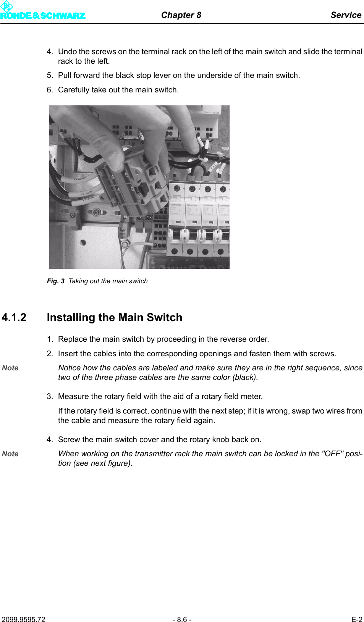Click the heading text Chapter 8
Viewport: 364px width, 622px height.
click(x=181, y=15)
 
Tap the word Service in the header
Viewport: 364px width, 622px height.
click(x=346, y=15)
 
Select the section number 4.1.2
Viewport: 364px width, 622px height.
click(x=14, y=317)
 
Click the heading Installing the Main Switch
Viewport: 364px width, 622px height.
click(x=114, y=317)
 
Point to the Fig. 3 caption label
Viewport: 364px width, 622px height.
click(x=55, y=281)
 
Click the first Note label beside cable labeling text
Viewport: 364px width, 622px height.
click(x=10, y=368)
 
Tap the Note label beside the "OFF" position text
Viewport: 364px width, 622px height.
click(x=10, y=454)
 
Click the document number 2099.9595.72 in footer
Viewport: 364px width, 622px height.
click(x=23, y=619)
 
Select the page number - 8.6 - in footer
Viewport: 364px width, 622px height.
click(x=182, y=619)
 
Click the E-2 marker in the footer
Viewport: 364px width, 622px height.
click(x=356, y=619)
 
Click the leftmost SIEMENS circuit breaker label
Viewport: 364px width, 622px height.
click(x=176, y=205)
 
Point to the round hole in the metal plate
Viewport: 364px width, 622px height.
click(x=83, y=242)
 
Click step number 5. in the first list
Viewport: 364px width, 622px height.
click(x=50, y=75)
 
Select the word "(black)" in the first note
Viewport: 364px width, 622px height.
click(x=245, y=377)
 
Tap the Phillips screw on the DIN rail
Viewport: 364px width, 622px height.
click(x=97, y=212)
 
